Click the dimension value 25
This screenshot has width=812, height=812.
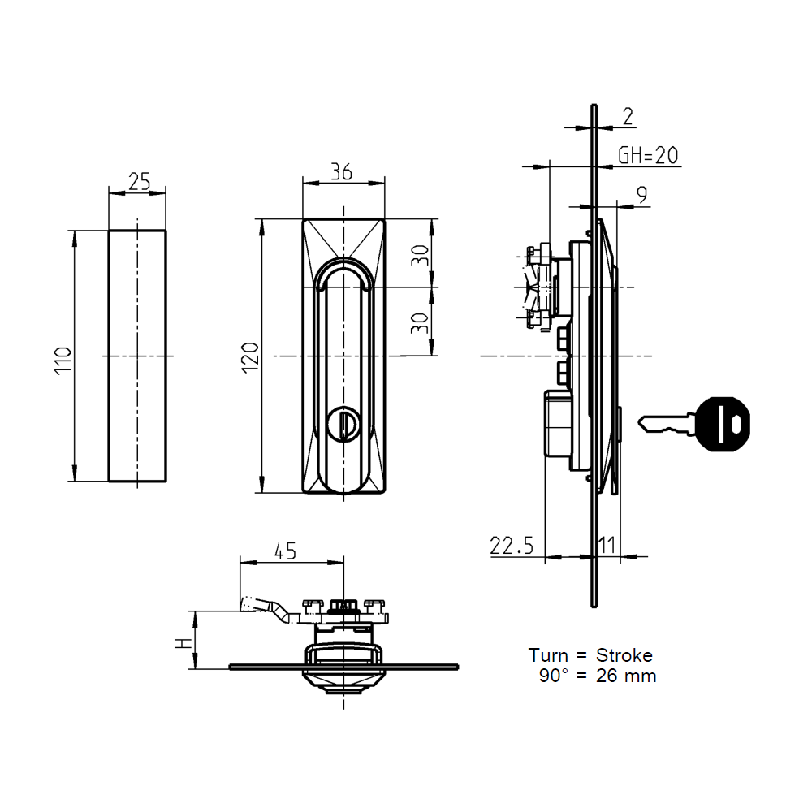click(139, 182)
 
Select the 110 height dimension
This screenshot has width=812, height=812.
click(63, 358)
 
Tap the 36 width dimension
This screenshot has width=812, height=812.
click(342, 171)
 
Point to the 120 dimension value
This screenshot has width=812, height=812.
click(251, 358)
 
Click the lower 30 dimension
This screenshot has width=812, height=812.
click(418, 323)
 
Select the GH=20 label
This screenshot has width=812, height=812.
click(648, 156)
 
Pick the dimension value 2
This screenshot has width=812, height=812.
click(627, 117)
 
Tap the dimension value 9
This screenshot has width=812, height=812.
click(641, 195)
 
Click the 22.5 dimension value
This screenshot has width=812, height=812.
click(512, 546)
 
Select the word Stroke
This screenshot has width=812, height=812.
click(624, 655)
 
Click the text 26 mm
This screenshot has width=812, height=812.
click(625, 676)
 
